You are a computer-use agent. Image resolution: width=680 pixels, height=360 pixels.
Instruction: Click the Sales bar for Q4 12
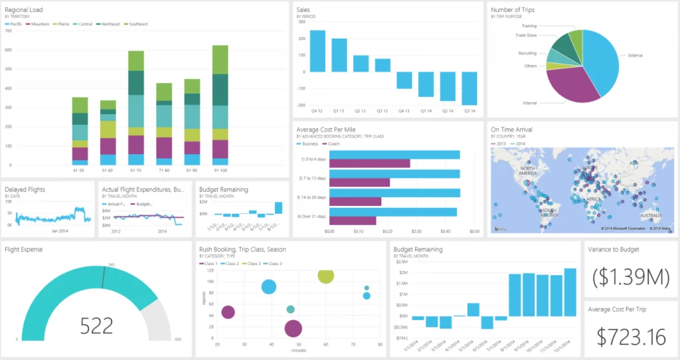317,50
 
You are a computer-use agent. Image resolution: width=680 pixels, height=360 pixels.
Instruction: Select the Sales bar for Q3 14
469,88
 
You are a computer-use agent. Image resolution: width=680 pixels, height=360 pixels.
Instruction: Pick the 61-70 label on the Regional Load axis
136,171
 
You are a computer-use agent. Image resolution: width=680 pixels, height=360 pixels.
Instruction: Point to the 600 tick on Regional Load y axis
9,50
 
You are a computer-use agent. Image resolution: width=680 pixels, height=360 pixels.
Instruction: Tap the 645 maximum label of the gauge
177,339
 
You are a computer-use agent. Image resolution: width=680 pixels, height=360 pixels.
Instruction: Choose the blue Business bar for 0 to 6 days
394,155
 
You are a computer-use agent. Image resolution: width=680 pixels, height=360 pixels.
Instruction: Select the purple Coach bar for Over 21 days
353,221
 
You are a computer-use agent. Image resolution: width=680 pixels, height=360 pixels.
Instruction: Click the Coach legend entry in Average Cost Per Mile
333,143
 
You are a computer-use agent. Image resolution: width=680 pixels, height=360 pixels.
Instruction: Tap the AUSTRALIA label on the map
650,215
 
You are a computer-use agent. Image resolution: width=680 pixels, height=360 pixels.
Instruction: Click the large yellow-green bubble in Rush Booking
325,276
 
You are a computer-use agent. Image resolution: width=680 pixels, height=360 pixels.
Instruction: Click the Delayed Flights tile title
25,189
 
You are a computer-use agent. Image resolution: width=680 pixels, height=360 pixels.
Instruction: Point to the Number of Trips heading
512,10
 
